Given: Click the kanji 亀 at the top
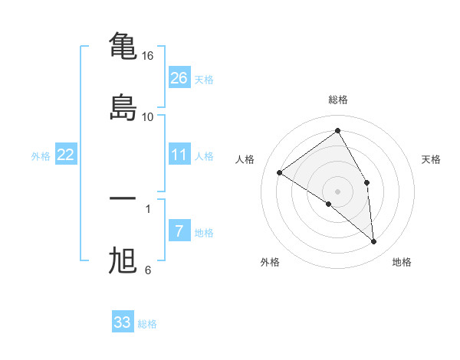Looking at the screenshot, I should (123, 46).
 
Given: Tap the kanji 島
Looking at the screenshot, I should (123, 107).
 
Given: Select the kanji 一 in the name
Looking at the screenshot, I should (123, 198).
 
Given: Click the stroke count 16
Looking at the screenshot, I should (148, 56).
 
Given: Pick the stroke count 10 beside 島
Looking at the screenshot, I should (148, 117).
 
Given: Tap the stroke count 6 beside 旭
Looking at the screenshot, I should (148, 270).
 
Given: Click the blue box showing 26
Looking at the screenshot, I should (179, 77).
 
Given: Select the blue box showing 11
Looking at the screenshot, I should (179, 155).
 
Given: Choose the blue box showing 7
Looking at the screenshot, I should (179, 231).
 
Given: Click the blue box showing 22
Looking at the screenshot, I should (66, 155).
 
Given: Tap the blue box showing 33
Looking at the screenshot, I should (123, 322).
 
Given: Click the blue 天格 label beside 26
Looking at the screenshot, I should (204, 79).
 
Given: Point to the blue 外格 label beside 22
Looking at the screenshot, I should (41, 156).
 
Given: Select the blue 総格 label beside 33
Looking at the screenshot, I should (147, 324).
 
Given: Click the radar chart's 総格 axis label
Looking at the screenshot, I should (338, 100).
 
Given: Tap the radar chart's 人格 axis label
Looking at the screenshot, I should (245, 159).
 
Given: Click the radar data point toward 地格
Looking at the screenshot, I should (374, 242).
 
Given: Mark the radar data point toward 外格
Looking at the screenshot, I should (329, 204).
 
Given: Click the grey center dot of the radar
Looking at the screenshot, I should (338, 191).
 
